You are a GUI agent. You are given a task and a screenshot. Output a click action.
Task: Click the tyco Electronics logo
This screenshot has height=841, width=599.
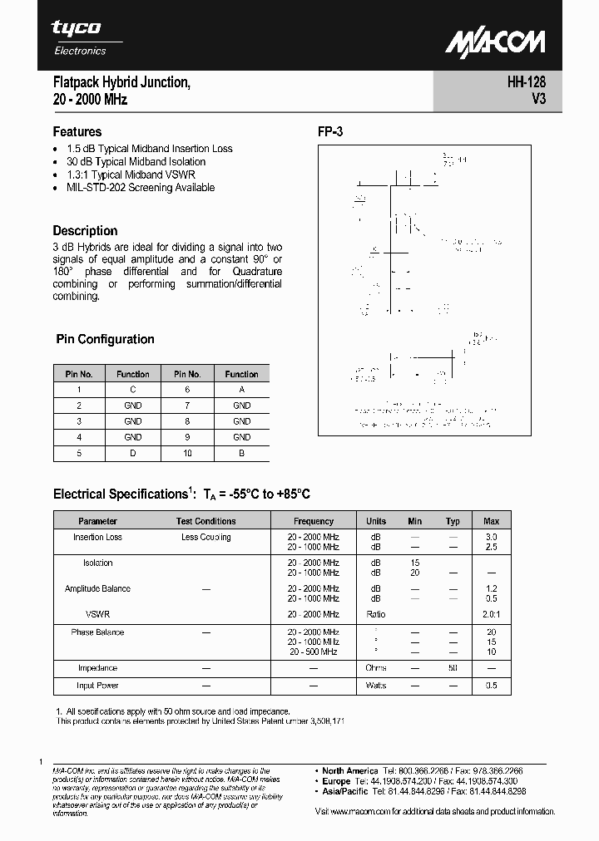pos(78,37)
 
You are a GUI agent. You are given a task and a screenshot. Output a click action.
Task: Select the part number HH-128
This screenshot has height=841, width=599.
pos(525,82)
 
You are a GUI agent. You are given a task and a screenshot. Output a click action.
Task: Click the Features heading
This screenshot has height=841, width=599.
pos(77,131)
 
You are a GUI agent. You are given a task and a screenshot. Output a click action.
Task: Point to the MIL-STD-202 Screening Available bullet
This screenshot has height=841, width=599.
pos(141,188)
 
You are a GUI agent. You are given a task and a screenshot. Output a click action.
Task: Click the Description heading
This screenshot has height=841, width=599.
pos(85,230)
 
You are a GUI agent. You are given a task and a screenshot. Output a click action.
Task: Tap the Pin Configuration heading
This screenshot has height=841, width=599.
pos(105,339)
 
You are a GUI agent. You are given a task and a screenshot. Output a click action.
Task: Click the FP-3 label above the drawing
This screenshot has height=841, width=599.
pos(330,131)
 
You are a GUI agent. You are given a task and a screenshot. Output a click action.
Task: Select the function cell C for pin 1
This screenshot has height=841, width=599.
pos(132,390)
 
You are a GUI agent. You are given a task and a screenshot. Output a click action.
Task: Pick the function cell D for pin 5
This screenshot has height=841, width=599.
pos(132,453)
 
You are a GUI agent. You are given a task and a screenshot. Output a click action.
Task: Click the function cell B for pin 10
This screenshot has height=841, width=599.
pos(241,453)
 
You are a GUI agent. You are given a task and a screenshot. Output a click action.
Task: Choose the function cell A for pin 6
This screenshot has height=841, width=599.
pos(241,390)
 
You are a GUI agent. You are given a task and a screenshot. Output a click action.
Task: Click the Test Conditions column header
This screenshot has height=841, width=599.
pos(206,521)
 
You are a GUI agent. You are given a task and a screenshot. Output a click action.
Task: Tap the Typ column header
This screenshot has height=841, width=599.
pos(453,521)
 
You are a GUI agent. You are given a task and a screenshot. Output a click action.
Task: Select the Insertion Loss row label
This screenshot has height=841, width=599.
pos(97,537)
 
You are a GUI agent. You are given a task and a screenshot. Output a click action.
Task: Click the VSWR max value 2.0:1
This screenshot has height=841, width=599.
pos(491,614)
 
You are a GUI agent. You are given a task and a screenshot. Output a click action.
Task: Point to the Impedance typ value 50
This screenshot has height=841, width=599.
pos(453,668)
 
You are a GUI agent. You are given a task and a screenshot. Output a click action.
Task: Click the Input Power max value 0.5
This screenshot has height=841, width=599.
pos(491,686)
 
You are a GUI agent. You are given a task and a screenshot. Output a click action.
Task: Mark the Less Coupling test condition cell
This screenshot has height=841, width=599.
pos(206,537)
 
